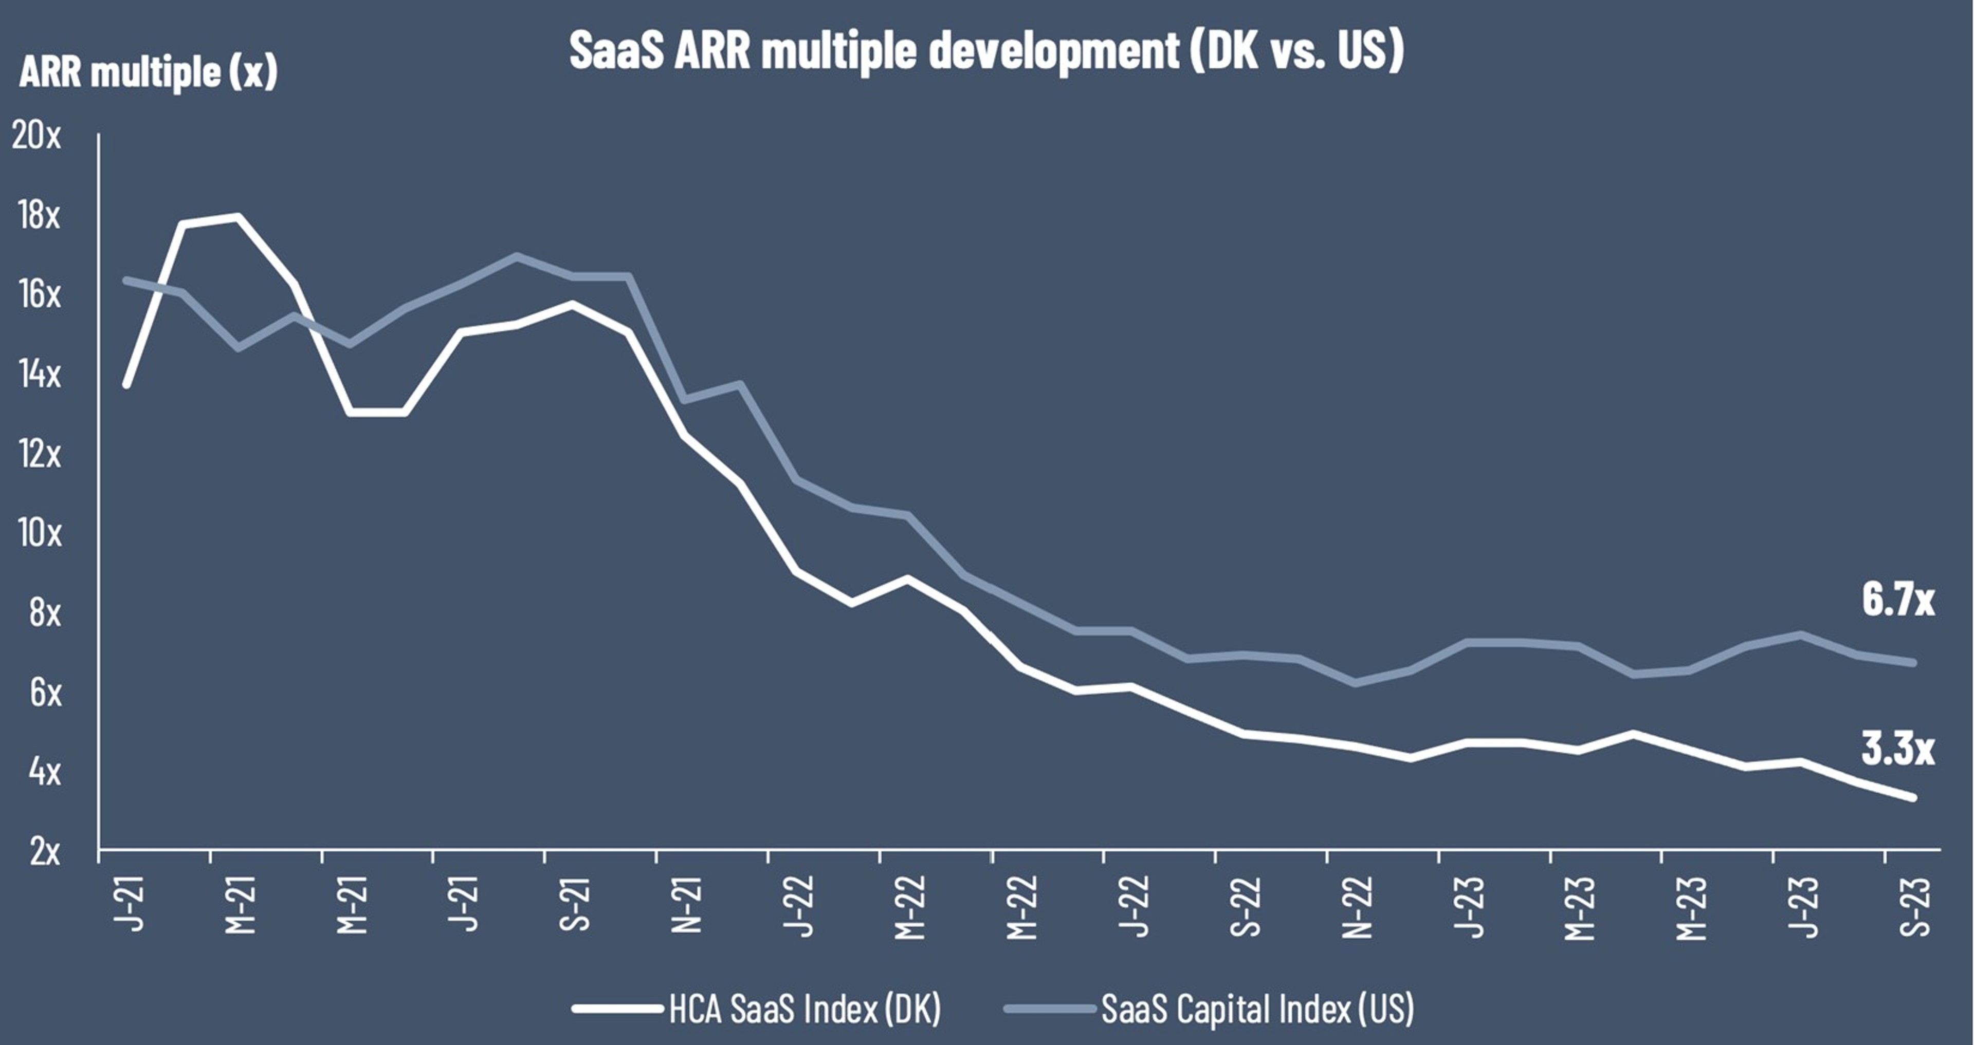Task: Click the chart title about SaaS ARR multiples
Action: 986,50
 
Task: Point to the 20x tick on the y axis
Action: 36,136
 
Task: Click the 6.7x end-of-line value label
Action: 1897,599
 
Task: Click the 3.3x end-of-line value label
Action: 1897,749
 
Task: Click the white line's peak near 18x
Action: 237,216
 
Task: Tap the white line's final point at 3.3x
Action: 1913,797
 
